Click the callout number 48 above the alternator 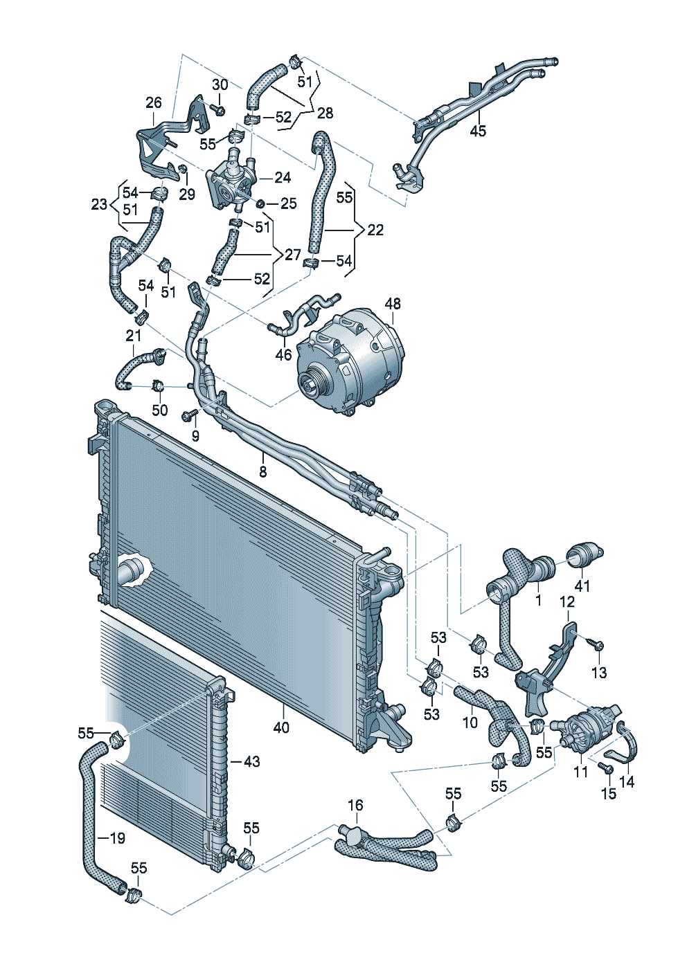(393, 304)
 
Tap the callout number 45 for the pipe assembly (478, 131)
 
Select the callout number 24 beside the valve (283, 177)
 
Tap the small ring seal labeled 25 (260, 203)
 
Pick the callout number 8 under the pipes (263, 471)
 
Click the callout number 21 (134, 335)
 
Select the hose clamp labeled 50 (158, 385)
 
